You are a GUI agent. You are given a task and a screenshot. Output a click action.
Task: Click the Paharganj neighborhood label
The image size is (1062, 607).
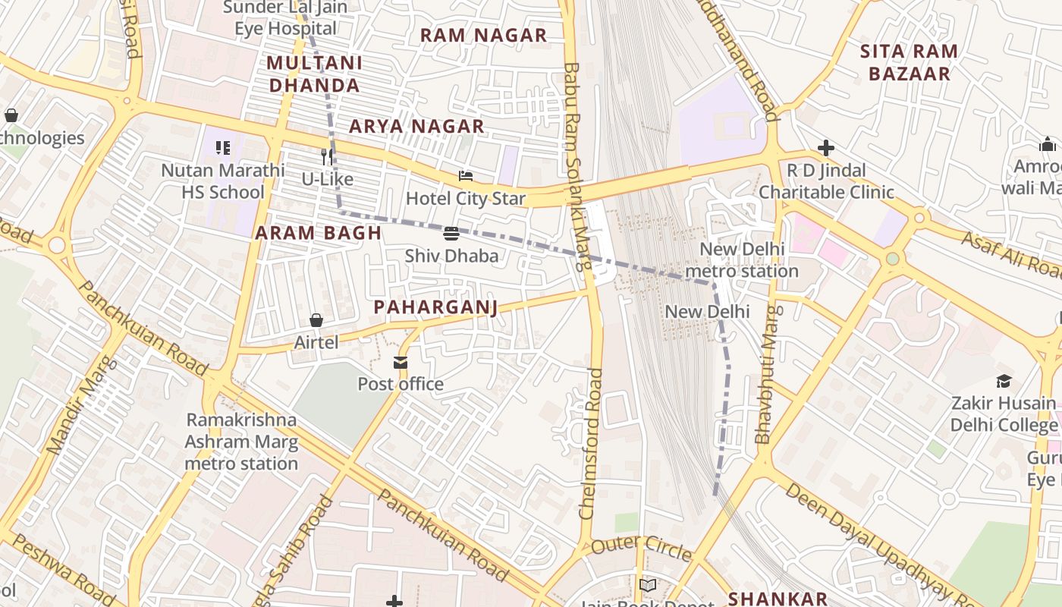click(x=435, y=307)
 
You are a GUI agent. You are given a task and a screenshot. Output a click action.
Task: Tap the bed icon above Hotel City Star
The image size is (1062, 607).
click(x=466, y=177)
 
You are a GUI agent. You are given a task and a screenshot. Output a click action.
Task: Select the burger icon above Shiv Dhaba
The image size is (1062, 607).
click(x=451, y=234)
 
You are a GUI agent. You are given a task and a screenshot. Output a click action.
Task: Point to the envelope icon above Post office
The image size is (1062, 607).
click(x=401, y=363)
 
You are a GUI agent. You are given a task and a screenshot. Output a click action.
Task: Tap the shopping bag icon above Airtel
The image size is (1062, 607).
click(x=316, y=321)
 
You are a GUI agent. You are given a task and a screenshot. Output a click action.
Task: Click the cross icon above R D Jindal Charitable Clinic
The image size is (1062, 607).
click(x=826, y=148)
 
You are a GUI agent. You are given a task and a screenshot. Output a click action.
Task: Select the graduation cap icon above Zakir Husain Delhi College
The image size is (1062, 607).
click(x=1004, y=381)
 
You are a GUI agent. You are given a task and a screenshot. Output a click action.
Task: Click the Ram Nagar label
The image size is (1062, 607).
click(x=483, y=35)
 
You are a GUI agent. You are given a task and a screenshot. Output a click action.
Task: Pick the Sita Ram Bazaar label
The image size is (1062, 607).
click(x=909, y=62)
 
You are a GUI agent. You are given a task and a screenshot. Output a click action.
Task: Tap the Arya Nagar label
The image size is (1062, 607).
click(x=416, y=126)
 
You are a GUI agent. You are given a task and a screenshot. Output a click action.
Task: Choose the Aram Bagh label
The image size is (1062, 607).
click(x=318, y=233)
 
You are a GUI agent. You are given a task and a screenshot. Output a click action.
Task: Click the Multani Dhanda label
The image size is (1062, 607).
click(x=315, y=74)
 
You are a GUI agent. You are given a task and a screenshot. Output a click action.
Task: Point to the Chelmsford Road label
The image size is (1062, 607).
click(x=591, y=444)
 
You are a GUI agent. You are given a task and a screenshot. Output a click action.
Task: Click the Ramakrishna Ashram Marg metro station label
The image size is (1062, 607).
click(x=241, y=442)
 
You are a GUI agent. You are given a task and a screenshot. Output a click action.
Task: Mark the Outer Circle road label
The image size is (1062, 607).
click(x=641, y=548)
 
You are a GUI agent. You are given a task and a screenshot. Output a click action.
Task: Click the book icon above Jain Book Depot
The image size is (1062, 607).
click(x=647, y=586)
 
